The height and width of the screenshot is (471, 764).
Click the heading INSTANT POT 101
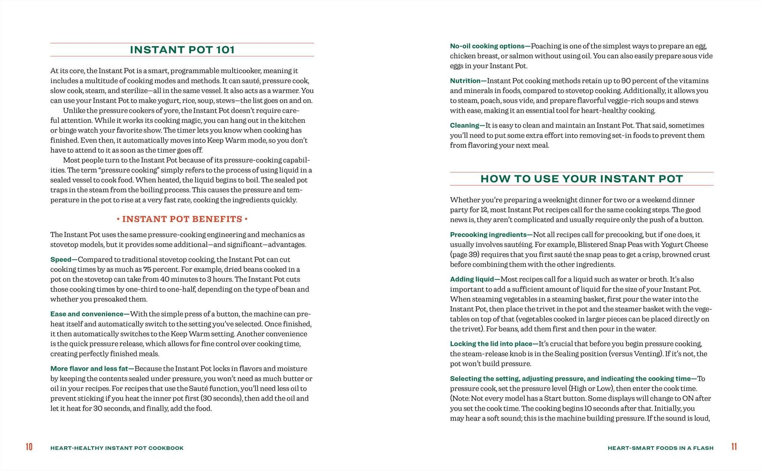tap(182, 50)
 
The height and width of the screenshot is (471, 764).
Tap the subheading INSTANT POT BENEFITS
tap(182, 219)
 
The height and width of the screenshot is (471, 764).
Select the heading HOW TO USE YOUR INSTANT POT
tap(581, 179)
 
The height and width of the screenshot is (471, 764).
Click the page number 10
tap(29, 447)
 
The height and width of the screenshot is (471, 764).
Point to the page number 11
tap(734, 447)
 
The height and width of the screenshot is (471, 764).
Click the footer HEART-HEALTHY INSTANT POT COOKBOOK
tap(117, 448)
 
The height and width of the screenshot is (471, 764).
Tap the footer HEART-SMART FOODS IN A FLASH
tap(660, 448)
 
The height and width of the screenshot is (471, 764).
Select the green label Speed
tap(61, 260)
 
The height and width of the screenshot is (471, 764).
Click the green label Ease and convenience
tap(87, 314)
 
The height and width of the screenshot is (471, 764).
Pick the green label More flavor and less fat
tap(89, 369)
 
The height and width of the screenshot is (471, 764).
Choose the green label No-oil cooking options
tap(487, 46)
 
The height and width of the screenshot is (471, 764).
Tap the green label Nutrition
tap(465, 81)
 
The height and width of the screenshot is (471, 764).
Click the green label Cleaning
tap(464, 126)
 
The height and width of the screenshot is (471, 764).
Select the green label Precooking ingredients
tap(488, 235)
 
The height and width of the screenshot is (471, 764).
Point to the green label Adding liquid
tap(472, 280)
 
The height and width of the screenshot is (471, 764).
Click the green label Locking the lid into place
tap(491, 344)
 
